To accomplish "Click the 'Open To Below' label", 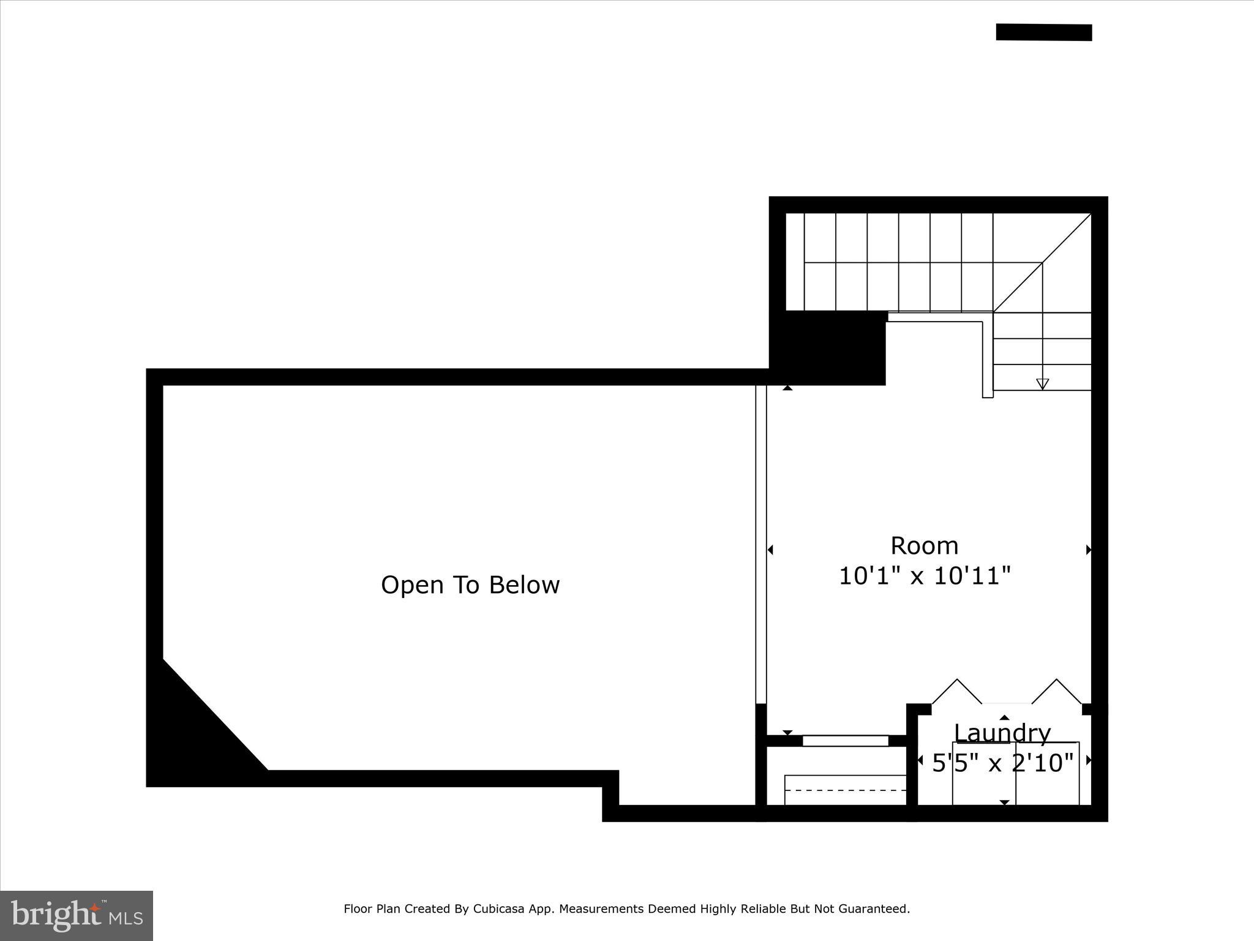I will coord(470,585).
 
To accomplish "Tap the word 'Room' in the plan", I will coord(924,545).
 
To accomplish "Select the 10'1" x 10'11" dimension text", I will coord(924,576).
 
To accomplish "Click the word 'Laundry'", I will coord(1002,733).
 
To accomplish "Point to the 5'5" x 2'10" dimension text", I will coord(1002,763).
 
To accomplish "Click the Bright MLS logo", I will coord(76,915).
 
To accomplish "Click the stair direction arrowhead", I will coord(1042,384).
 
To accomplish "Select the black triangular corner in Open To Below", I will coord(196,735).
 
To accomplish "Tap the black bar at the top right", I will coord(1043,32).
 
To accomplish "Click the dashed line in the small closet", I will coord(845,790).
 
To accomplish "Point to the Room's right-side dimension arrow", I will coord(1089,550).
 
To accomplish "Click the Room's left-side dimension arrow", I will coord(770,550).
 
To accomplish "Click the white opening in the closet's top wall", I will coord(845,741).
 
